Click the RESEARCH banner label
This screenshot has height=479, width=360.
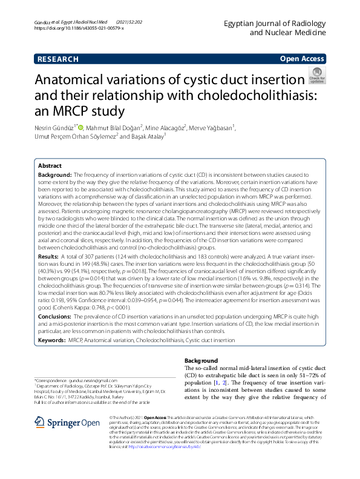58,59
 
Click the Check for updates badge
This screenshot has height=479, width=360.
316,76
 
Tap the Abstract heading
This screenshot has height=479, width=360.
50,165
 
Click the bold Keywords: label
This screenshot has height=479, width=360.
51,341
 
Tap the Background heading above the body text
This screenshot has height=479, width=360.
201,360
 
